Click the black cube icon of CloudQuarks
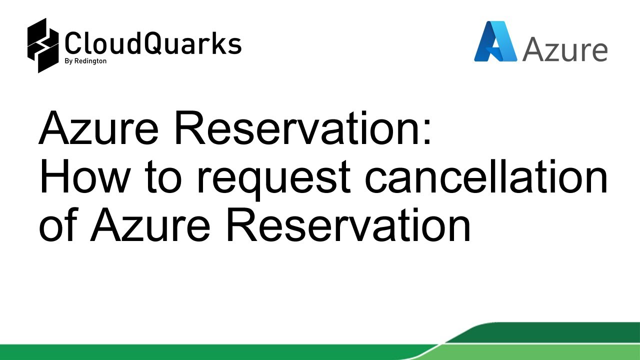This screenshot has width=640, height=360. click(x=44, y=45)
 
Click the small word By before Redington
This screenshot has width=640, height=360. click(x=69, y=61)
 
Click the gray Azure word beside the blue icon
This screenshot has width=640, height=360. click(x=565, y=49)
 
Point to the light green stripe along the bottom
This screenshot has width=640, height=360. click(x=200, y=352)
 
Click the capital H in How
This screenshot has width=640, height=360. click(x=54, y=177)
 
